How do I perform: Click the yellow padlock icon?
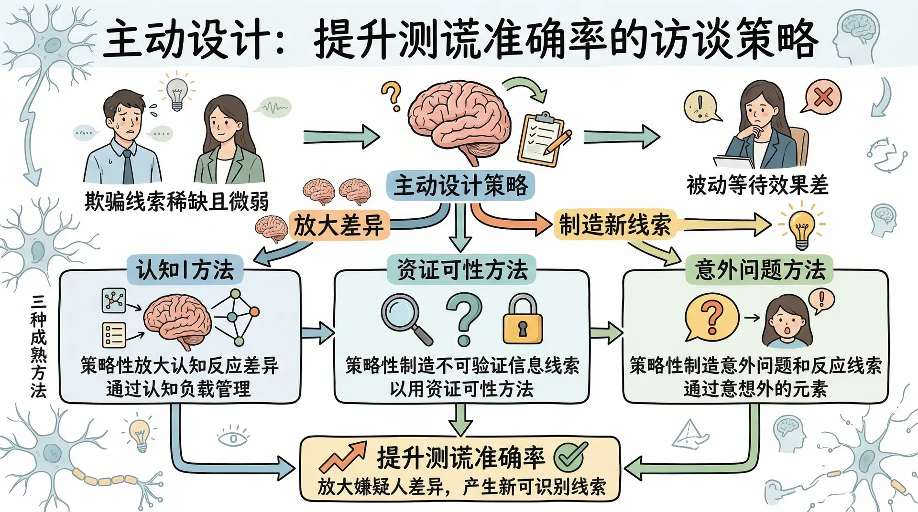[x=523, y=320]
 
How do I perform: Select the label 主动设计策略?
[x=460, y=185]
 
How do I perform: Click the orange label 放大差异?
[x=339, y=225]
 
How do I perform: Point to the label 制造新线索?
[x=615, y=224]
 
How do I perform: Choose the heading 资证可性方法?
[x=462, y=270]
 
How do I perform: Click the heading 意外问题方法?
[x=760, y=270]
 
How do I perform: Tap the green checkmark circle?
[x=570, y=456]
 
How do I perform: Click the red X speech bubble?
[x=822, y=97]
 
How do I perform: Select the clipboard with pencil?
[x=543, y=139]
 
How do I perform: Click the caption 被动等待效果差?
[x=757, y=185]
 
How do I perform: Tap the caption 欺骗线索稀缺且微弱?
[x=176, y=201]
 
